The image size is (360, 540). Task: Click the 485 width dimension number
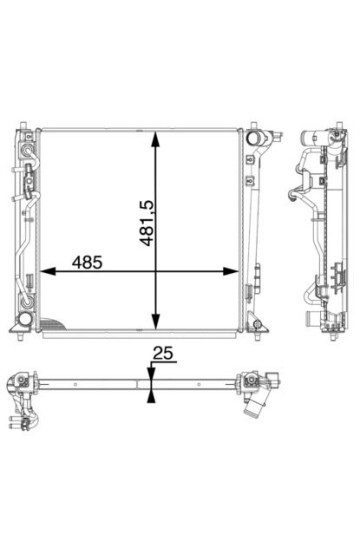(x=87, y=262)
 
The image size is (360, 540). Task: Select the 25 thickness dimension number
(x=163, y=354)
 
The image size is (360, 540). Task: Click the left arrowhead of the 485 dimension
(x=48, y=271)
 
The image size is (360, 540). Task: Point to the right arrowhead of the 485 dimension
(x=231, y=271)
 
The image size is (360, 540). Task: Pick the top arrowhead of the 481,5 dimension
(x=156, y=139)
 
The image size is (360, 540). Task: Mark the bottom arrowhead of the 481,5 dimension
(x=156, y=321)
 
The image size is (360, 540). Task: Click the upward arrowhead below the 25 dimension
(x=151, y=396)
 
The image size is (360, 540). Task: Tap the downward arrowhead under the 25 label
(x=151, y=374)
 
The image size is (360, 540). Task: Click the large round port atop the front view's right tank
(x=253, y=138)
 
